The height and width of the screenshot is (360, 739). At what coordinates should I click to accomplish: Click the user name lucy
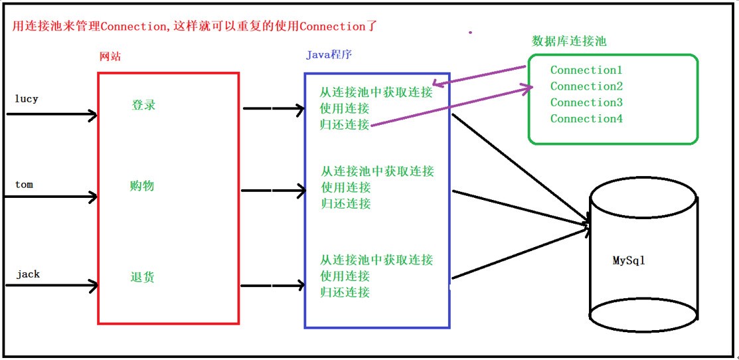pos(27,100)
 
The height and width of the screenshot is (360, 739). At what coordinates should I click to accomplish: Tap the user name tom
pos(24,184)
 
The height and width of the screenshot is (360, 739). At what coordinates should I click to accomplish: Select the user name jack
pos(28,274)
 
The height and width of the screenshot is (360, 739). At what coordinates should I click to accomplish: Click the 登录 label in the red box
pos(143,105)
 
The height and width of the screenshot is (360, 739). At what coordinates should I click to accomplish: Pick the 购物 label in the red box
pos(141,186)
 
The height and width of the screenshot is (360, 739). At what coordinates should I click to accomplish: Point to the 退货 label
pos(142,277)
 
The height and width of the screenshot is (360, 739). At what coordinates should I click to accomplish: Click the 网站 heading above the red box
pos(110,56)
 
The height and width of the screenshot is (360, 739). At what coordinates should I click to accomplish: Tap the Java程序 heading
pos(329,54)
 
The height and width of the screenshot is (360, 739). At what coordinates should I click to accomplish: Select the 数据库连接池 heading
pos(569,41)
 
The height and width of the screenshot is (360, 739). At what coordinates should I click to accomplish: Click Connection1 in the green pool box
pos(586,70)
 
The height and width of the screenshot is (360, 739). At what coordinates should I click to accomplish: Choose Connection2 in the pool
pos(586,86)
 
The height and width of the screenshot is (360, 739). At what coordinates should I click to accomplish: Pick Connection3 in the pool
pos(586,102)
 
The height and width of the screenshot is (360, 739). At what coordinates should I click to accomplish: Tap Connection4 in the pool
pos(586,118)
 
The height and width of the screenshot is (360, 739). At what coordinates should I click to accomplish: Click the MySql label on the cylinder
pos(628,260)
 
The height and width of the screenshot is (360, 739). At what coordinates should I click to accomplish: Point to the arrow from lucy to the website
pos(52,114)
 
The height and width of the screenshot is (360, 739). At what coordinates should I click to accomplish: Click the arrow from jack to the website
pos(52,285)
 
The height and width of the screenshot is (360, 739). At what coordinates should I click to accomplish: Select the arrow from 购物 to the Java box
pos(274,191)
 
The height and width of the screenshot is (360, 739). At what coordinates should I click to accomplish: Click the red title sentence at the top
pos(195,27)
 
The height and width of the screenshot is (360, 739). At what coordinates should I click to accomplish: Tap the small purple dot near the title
pos(470,33)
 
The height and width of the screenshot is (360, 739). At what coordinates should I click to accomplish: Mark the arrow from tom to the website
pos(52,197)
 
